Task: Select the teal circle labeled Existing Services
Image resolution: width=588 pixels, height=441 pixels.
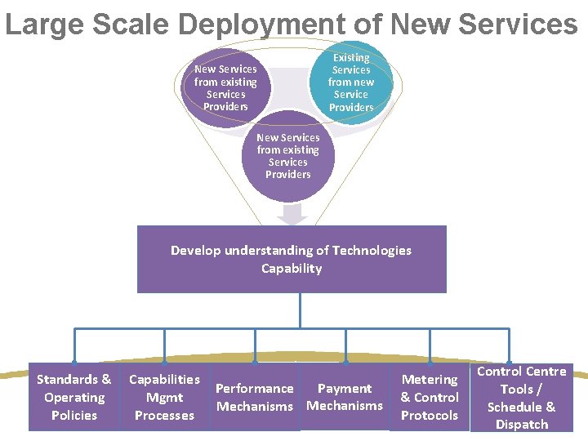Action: click(x=351, y=82)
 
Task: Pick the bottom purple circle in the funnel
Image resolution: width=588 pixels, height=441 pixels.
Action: click(x=287, y=156)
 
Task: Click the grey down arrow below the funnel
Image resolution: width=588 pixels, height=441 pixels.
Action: click(x=292, y=214)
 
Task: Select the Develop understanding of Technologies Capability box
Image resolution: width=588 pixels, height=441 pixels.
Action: click(x=292, y=259)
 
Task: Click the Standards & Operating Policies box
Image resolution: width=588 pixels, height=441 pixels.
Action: click(x=74, y=397)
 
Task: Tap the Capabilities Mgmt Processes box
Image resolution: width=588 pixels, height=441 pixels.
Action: click(x=164, y=397)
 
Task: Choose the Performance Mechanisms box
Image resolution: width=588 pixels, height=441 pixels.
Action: click(x=255, y=397)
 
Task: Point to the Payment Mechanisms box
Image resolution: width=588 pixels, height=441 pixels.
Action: click(x=345, y=397)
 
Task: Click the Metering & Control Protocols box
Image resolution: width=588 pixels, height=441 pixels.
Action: click(x=430, y=397)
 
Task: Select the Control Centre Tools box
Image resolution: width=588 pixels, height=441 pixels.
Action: click(x=521, y=397)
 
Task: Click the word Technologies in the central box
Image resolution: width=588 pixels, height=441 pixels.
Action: click(x=365, y=251)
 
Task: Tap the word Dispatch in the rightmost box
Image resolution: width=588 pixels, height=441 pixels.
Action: click(x=521, y=424)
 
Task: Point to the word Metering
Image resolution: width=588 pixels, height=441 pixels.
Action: click(x=430, y=379)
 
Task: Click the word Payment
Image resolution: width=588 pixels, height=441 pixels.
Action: click(x=345, y=389)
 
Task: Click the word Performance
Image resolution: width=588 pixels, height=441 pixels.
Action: click(x=255, y=389)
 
